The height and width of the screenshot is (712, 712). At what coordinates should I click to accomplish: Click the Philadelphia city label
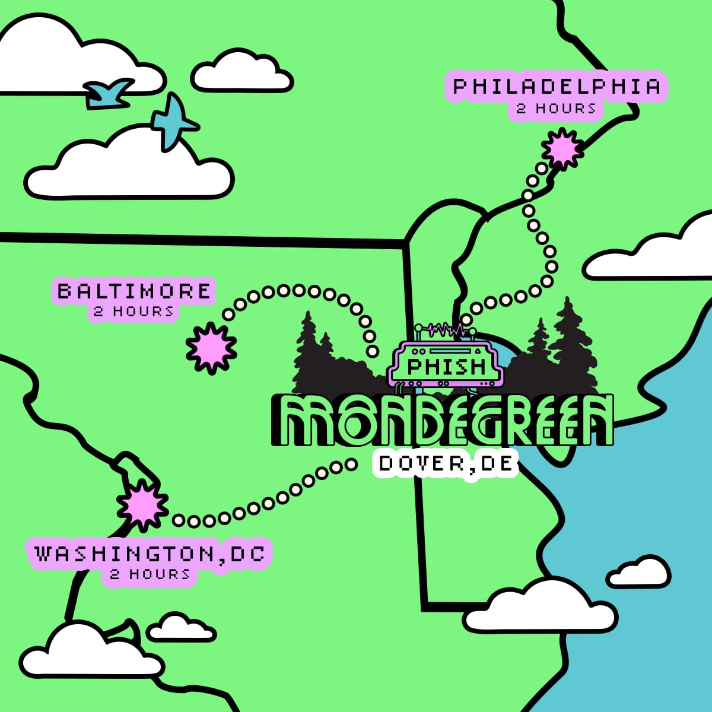[557, 87]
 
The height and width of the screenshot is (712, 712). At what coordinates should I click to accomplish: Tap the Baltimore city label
[134, 291]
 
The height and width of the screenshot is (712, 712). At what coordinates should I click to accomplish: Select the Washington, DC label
[150, 554]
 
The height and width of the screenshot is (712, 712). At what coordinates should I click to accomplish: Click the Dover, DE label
[446, 463]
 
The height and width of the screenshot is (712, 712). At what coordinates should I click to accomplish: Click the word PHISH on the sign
[447, 366]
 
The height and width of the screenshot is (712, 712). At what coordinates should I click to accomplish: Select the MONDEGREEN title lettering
[442, 420]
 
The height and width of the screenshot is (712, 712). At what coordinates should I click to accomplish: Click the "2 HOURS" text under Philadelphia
[556, 109]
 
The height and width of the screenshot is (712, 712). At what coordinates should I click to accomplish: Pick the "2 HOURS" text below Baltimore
[134, 311]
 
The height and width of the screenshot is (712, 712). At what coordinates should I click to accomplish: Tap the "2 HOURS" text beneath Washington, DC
[150, 574]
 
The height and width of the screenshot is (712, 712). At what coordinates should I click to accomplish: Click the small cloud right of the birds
[242, 72]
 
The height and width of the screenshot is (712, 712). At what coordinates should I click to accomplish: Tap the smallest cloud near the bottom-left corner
[180, 628]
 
